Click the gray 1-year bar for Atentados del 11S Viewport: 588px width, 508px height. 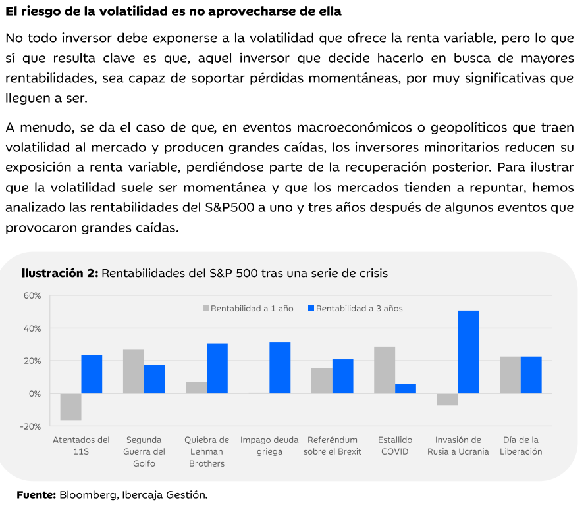70,407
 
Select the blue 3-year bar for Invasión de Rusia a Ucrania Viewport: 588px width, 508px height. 468,352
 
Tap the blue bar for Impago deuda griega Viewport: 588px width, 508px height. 280,368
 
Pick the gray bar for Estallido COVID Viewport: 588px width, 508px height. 385,370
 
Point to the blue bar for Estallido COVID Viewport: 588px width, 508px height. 406,388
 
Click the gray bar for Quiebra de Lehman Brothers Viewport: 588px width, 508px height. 196,388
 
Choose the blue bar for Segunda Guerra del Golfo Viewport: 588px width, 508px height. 154,379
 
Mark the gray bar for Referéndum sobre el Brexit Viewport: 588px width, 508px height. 322,381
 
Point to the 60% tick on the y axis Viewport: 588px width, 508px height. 31,295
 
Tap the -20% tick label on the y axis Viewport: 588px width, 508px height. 30,426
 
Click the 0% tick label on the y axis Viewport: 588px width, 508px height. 34,394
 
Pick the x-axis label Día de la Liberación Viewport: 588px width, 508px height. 520,445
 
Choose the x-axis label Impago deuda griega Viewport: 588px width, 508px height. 269,445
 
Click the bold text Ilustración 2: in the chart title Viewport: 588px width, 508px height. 60,273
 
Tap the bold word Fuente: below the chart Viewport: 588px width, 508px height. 36,494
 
